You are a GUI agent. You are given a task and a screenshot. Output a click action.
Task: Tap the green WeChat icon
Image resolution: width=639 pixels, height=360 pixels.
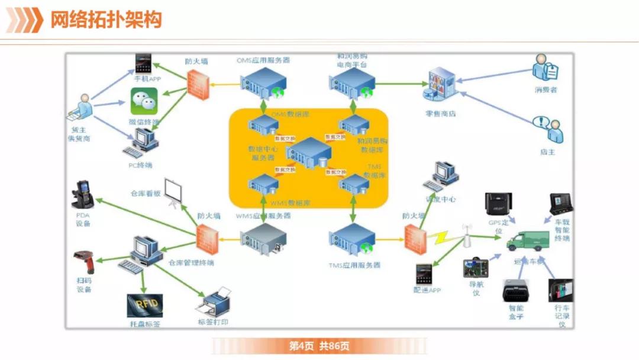coord(144,102)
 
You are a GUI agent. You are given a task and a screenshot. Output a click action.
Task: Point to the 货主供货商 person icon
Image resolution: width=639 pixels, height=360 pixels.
coord(82,107)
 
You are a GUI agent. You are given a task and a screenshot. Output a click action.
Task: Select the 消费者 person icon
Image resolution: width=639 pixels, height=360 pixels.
coord(545,69)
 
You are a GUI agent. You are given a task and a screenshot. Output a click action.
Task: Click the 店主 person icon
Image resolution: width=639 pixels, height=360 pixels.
coord(547,130)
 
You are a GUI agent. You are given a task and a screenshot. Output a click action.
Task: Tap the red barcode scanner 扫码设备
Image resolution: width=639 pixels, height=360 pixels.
coord(84,262)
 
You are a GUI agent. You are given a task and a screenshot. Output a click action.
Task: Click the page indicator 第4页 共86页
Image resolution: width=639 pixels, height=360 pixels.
coord(319,346)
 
